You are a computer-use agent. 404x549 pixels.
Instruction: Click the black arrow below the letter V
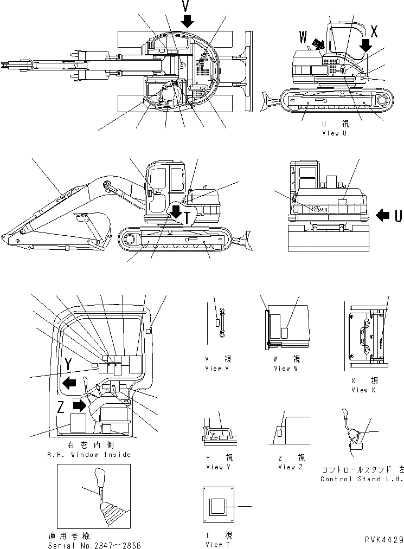coord(188,22)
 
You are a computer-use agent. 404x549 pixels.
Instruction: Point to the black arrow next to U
coord(382,215)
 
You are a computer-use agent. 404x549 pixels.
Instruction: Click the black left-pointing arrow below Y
coord(69,383)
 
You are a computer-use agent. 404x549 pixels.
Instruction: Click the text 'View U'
coord(334,133)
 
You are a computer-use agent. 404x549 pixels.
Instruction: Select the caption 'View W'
coord(281,368)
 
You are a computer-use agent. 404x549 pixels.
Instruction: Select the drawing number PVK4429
coord(383,540)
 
